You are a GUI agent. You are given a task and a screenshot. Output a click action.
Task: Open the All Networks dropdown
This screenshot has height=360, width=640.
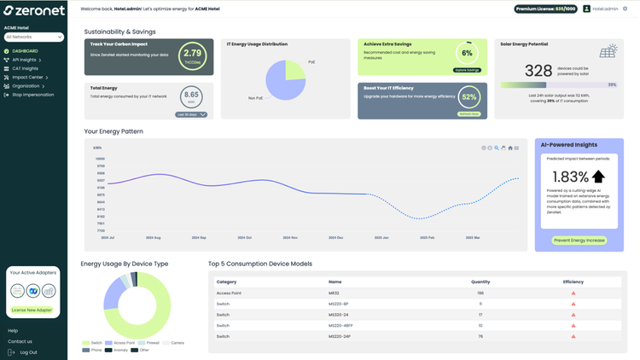tap(34, 38)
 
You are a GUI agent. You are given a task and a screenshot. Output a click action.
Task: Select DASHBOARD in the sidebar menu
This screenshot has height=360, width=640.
tap(25, 51)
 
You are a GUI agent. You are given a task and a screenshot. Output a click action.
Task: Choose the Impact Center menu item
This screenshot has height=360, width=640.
tap(27, 77)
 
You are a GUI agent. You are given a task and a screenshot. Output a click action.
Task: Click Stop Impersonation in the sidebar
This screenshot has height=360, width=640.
tap(32, 95)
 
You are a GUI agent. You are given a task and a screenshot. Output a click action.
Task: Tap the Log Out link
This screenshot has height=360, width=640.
tap(28, 351)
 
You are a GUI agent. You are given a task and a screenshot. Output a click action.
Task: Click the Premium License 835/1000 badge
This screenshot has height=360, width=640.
tap(545, 9)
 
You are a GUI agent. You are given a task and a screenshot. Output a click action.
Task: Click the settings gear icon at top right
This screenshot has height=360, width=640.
tap(625, 9)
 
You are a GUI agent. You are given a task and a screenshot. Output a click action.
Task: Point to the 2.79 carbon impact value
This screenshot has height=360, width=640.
tap(193, 54)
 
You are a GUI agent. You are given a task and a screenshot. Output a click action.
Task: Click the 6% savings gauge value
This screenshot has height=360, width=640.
tap(467, 53)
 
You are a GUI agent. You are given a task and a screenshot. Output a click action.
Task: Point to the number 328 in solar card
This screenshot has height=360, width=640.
tap(538, 71)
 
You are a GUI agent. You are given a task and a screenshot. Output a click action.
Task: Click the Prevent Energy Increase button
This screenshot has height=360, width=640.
tap(579, 240)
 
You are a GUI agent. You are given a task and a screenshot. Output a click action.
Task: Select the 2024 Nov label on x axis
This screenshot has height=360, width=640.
tap(289, 237)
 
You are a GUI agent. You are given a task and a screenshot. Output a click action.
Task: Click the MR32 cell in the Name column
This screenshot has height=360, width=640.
tap(335, 293)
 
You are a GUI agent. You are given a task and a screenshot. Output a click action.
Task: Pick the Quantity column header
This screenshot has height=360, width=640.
tap(480, 282)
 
